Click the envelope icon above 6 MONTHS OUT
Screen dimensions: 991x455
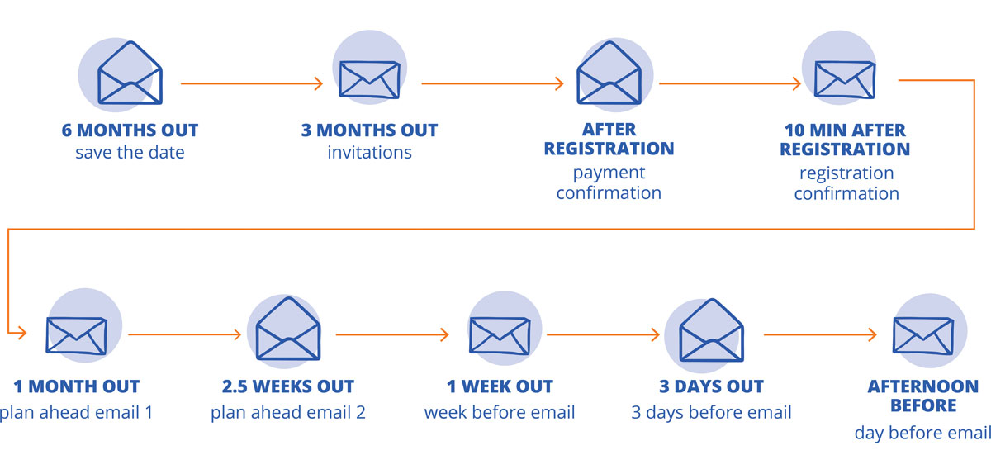130,73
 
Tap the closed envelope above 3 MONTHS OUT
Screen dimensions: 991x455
369,79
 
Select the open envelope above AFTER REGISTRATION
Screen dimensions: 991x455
609,73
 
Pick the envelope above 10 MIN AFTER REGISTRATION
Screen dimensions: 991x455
845,79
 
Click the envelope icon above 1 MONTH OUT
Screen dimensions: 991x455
77,336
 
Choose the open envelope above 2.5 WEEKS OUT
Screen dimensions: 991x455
288,329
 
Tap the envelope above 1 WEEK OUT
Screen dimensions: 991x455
500,336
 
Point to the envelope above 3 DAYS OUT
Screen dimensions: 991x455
711,330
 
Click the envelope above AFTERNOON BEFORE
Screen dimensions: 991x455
923,336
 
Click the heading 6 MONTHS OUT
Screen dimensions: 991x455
130,130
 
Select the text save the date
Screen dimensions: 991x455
130,153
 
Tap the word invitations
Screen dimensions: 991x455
369,153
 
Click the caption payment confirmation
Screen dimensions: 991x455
609,182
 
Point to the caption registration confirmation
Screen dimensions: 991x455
846,183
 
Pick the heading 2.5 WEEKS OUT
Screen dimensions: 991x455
288,386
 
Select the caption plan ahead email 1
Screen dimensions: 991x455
76,413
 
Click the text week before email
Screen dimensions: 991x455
500,413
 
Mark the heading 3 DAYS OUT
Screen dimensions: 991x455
711,386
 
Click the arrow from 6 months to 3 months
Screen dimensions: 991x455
252,83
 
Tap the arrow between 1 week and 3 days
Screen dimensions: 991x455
603,334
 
